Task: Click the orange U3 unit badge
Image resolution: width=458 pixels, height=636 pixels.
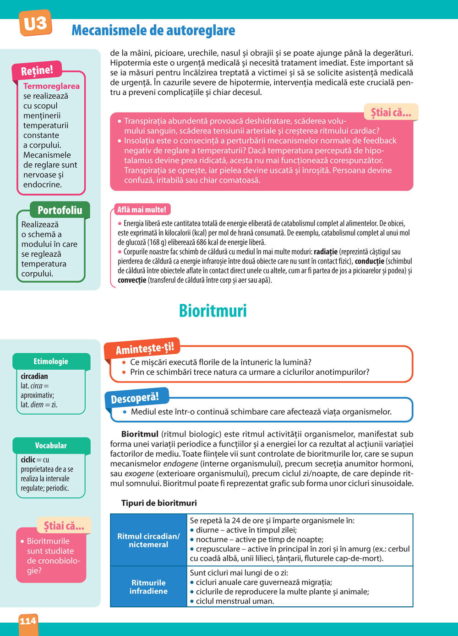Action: coord(35,23)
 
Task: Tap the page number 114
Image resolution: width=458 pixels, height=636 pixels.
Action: coord(28,621)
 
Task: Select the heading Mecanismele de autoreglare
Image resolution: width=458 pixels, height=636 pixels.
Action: coord(153,31)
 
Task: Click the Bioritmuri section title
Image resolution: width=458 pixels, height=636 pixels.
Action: coord(213,311)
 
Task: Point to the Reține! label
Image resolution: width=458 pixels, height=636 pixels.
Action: coord(37,70)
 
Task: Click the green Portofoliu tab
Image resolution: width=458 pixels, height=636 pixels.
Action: coord(60,210)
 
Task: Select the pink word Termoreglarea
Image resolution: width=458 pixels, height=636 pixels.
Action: coord(51,86)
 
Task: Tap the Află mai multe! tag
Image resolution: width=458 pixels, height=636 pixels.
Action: coord(142,210)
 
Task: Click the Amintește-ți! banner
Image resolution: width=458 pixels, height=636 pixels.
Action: coord(145,349)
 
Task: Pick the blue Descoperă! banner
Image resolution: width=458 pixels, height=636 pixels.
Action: coord(135,399)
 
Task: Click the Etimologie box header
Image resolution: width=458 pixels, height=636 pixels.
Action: coord(51,361)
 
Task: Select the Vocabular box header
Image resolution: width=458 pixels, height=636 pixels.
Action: coord(51,445)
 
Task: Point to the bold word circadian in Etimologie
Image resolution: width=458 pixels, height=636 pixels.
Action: coord(34,376)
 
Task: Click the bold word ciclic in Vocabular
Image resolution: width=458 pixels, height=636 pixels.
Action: coord(28,459)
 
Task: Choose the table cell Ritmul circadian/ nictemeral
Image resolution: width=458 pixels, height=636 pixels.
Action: coord(148,540)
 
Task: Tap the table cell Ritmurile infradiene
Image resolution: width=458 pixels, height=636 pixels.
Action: coord(148,587)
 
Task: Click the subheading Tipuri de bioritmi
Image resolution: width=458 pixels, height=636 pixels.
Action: coord(159,503)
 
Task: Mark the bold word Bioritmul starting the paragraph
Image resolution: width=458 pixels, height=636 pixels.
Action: coord(140,434)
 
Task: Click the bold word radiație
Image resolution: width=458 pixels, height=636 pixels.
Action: coord(326,252)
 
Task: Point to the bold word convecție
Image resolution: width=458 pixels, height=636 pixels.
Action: coord(132,280)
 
